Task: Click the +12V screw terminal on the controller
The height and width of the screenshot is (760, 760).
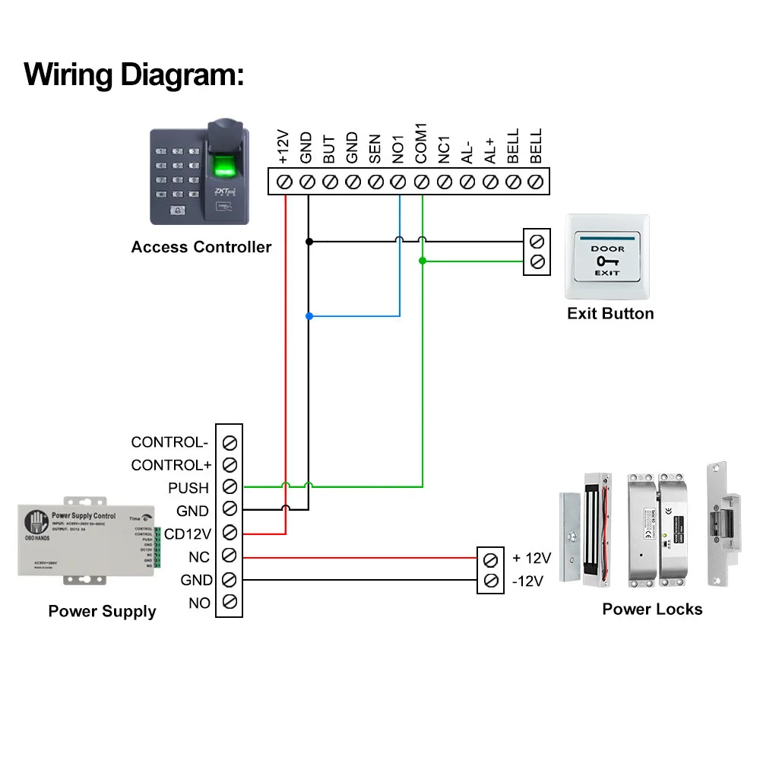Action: [x=285, y=182]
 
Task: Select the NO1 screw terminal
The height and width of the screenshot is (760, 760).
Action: [x=399, y=182]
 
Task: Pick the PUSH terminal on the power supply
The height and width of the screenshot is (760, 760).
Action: [x=230, y=486]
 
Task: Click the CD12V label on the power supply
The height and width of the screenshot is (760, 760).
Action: [x=188, y=533]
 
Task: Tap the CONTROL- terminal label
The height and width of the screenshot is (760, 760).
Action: [x=169, y=442]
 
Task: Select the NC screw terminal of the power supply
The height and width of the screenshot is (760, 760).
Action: [x=230, y=556]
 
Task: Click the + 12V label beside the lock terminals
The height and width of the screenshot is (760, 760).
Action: [x=531, y=559]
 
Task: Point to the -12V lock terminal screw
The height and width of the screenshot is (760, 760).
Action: [x=491, y=581]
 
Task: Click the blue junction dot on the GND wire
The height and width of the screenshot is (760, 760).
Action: [x=309, y=316]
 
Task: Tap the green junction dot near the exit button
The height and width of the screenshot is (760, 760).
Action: [x=423, y=261]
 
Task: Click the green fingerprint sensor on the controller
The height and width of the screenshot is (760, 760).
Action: [x=225, y=165]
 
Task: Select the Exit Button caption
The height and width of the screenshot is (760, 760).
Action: [x=610, y=314]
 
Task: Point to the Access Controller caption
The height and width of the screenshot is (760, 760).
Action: [x=201, y=247]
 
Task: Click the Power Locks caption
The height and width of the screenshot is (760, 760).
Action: [x=652, y=609]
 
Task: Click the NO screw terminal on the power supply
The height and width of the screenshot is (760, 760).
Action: [x=230, y=603]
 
